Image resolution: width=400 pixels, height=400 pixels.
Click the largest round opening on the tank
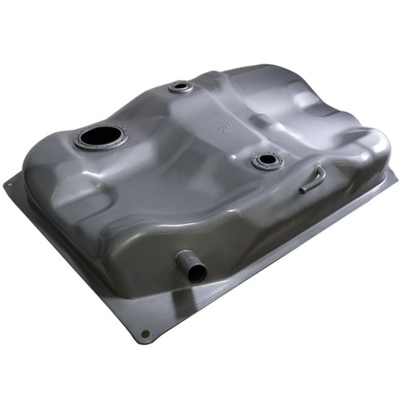point(102,137)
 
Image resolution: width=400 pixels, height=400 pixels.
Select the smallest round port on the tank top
point(181,86)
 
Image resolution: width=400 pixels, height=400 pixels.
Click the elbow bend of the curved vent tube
point(320,171)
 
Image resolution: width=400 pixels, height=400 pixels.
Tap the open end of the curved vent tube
point(302,190)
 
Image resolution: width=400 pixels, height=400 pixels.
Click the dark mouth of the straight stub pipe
point(197,272)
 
